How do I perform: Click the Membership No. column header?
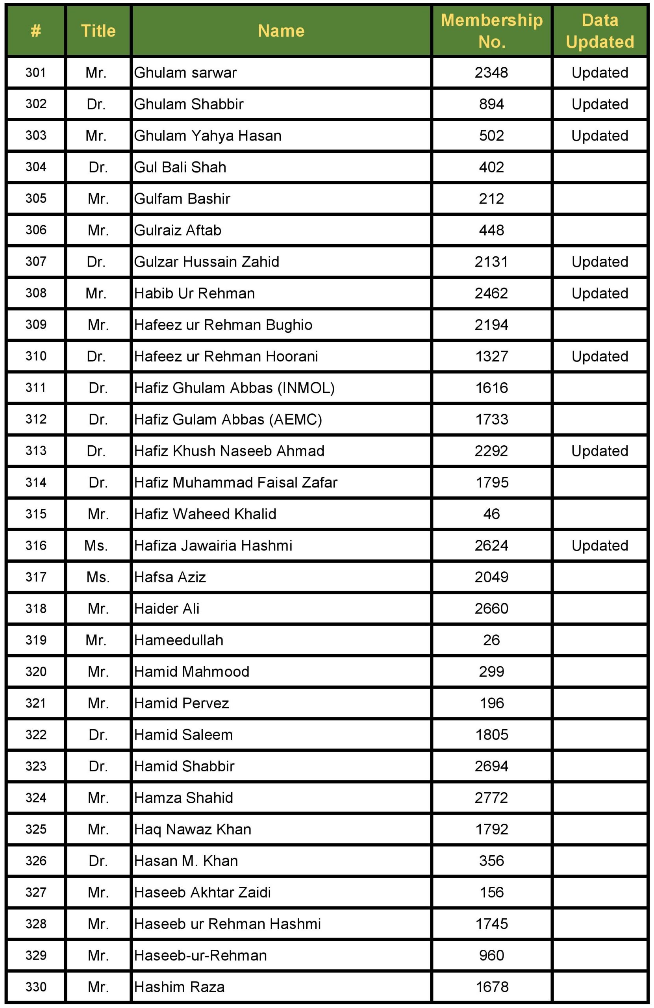(491, 31)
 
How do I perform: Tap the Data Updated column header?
(599, 31)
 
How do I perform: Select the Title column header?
(98, 31)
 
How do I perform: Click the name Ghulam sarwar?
(185, 73)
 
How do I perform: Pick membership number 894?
(491, 104)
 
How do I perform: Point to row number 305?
(35, 198)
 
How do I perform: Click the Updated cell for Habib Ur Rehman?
(599, 293)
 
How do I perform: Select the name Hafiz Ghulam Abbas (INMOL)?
(234, 388)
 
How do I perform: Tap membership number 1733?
(491, 419)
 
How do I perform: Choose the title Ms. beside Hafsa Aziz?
(98, 577)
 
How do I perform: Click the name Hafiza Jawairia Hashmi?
(213, 545)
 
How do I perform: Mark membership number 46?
(491, 514)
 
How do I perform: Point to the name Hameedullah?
(179, 640)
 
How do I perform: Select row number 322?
(35, 734)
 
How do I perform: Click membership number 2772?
(491, 797)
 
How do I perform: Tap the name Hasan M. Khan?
(186, 861)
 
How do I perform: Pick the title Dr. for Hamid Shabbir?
(98, 766)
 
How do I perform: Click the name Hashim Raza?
(179, 987)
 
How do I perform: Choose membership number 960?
(491, 955)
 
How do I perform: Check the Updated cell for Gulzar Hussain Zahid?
(599, 262)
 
